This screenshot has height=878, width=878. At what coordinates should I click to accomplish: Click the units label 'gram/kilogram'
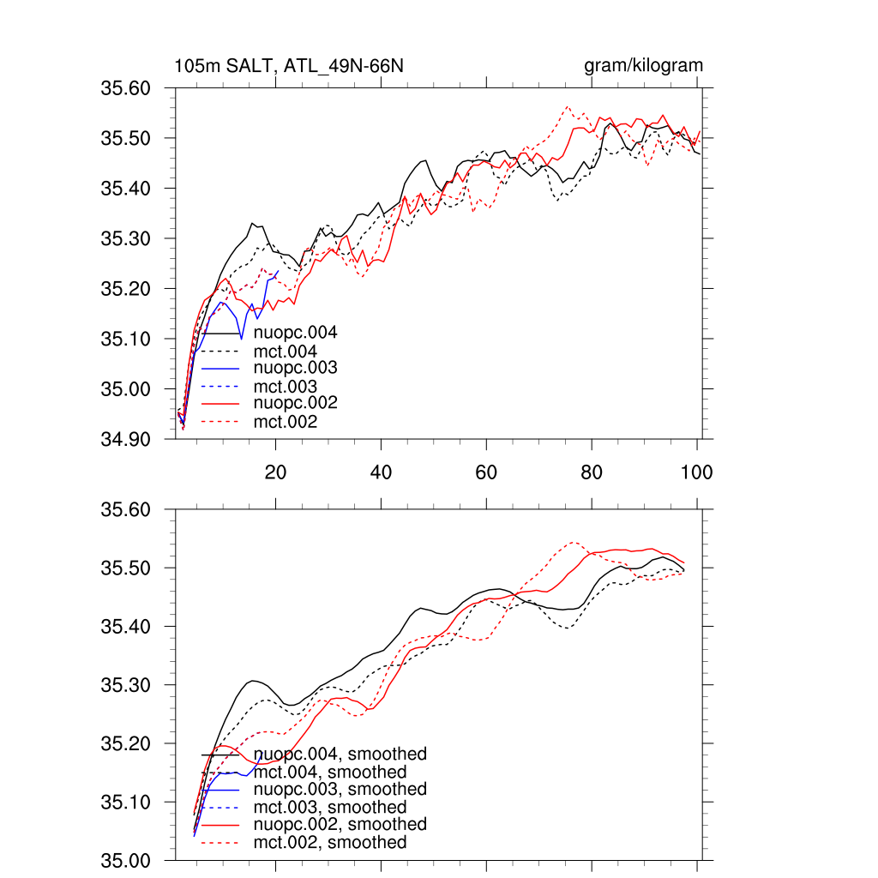(643, 66)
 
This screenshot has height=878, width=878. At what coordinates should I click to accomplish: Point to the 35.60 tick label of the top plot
(125, 88)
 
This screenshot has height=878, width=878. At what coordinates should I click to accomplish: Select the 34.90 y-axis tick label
(125, 439)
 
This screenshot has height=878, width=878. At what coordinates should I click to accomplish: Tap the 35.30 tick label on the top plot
(125, 238)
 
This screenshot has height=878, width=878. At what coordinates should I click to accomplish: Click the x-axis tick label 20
(275, 472)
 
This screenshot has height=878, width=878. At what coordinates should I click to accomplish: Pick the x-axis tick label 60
(486, 472)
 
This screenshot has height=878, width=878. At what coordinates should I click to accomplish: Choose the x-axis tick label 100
(696, 472)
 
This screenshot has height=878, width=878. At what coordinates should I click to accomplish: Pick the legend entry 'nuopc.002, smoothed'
(340, 824)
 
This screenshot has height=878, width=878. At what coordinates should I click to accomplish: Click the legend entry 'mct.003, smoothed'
(330, 807)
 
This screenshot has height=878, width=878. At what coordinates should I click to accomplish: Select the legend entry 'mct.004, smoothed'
(330, 773)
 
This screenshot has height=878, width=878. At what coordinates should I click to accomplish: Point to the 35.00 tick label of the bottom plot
(125, 860)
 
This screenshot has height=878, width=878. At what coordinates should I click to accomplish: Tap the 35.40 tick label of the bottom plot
(125, 627)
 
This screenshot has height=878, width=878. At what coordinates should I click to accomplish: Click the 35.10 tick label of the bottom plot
(125, 802)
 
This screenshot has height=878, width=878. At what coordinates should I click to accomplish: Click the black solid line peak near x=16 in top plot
(253, 223)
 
